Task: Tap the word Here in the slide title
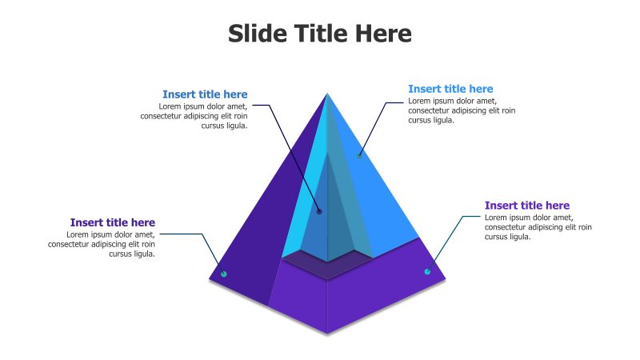[x=383, y=34]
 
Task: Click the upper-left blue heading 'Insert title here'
[x=205, y=94]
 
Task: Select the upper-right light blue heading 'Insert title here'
[x=450, y=89]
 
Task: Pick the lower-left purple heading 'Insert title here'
[x=113, y=222]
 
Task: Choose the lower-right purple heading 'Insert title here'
[x=527, y=206]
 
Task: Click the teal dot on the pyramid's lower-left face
[x=224, y=274]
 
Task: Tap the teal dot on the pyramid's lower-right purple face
[x=427, y=272]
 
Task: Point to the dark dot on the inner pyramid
[x=319, y=211]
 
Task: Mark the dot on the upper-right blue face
[x=360, y=154]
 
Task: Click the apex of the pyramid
[x=327, y=94]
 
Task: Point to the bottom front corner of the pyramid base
[x=327, y=333]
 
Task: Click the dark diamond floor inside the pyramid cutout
[x=327, y=266]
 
